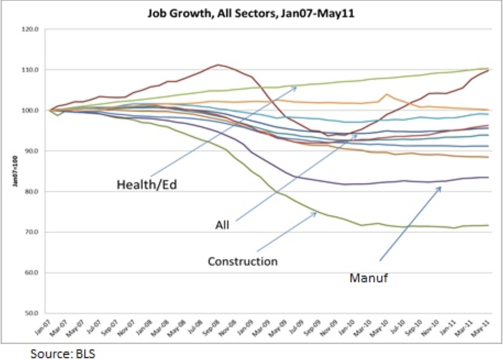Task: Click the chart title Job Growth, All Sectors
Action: pos(251,14)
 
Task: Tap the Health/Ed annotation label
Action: pos(147,184)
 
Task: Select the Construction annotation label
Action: pos(242,261)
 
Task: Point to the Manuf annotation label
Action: pos(368,278)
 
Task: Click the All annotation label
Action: pos(222,225)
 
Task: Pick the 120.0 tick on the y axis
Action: pos(31,29)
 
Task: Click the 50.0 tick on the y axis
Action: pos(32,313)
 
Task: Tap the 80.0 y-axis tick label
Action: pos(32,191)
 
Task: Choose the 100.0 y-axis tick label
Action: pos(31,110)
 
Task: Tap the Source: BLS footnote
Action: pos(63,354)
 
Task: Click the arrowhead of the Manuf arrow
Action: pos(440,187)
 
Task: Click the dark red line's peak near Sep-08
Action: pos(218,65)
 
